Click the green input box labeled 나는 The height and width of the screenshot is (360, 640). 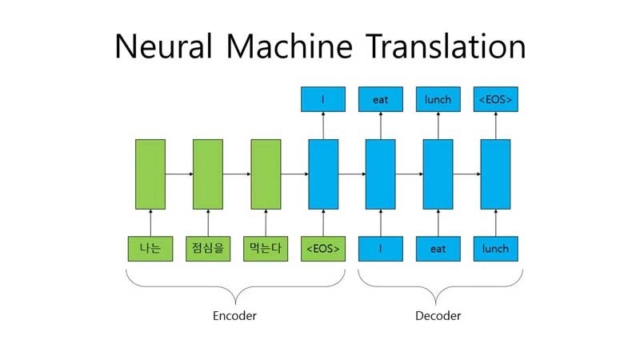(150, 249)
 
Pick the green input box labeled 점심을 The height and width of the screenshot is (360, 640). (208, 249)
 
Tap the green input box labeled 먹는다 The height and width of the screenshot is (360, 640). (266, 249)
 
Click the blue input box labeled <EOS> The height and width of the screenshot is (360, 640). (323, 249)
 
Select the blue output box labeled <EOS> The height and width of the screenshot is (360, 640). (495, 99)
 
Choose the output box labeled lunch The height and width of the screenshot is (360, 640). (438, 99)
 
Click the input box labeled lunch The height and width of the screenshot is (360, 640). (495, 249)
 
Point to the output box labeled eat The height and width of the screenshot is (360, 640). (381, 99)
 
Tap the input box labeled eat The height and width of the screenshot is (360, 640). (438, 249)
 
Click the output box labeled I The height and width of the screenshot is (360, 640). (323, 99)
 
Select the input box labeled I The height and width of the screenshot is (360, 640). (381, 249)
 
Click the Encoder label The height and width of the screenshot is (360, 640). (234, 315)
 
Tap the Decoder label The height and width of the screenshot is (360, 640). (438, 315)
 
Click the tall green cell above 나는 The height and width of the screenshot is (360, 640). (150, 174)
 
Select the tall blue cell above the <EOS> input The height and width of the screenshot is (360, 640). (323, 174)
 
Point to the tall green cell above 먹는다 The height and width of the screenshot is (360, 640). (266, 174)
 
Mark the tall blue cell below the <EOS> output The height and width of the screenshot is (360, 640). (495, 174)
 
